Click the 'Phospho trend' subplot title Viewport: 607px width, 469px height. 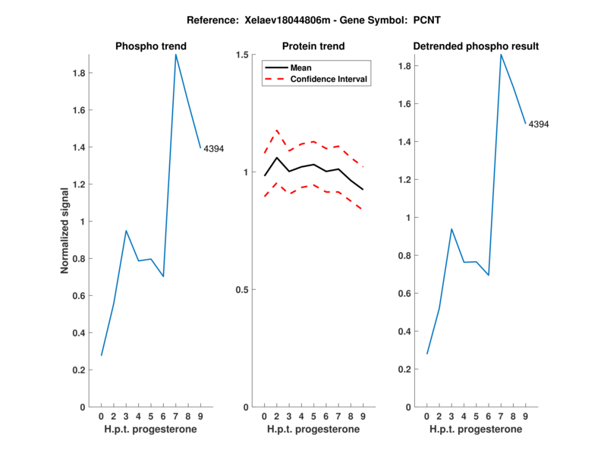[150, 46]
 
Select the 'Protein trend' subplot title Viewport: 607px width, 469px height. [313, 46]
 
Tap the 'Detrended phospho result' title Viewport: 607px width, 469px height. [476, 46]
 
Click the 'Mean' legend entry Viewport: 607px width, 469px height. [301, 68]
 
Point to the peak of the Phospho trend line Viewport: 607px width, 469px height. [175, 55]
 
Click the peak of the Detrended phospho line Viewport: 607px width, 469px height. [501, 55]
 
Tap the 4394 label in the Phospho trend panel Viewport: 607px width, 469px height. [214, 149]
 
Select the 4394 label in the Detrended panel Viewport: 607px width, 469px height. [539, 124]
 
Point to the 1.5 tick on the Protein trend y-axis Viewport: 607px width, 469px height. [245, 55]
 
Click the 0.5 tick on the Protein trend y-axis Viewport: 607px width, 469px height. [245, 290]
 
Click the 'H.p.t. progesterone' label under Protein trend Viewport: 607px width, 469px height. [313, 430]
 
